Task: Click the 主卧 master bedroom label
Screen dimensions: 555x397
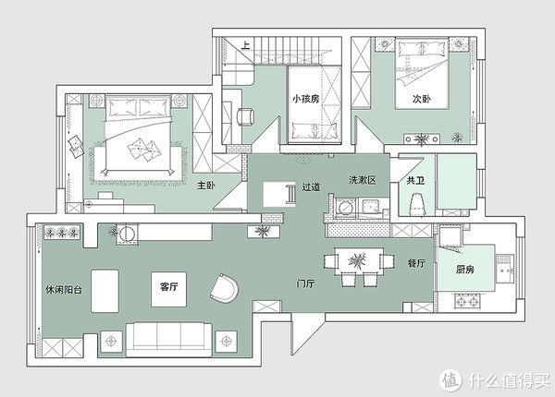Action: (206, 185)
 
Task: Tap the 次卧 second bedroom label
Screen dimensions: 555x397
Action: (422, 99)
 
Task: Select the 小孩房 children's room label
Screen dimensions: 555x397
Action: (306, 99)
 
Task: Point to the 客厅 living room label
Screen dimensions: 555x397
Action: (169, 286)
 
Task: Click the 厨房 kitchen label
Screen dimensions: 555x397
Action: (464, 270)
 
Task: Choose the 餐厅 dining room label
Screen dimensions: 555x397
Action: (416, 263)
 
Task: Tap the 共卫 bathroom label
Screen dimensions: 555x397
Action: (415, 180)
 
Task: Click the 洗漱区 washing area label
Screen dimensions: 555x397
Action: (362, 180)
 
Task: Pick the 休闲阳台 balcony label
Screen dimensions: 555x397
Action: (64, 290)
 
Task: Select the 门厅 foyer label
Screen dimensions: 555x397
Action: (305, 283)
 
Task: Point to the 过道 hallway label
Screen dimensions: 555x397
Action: (311, 186)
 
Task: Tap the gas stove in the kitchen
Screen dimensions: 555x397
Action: (467, 302)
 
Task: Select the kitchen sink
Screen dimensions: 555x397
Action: (505, 269)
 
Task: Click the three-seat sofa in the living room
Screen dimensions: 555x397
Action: (169, 340)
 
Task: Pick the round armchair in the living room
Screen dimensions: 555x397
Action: (224, 288)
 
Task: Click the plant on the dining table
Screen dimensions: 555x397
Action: (357, 261)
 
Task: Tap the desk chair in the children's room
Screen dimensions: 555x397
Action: (246, 116)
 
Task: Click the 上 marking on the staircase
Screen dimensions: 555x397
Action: (246, 45)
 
